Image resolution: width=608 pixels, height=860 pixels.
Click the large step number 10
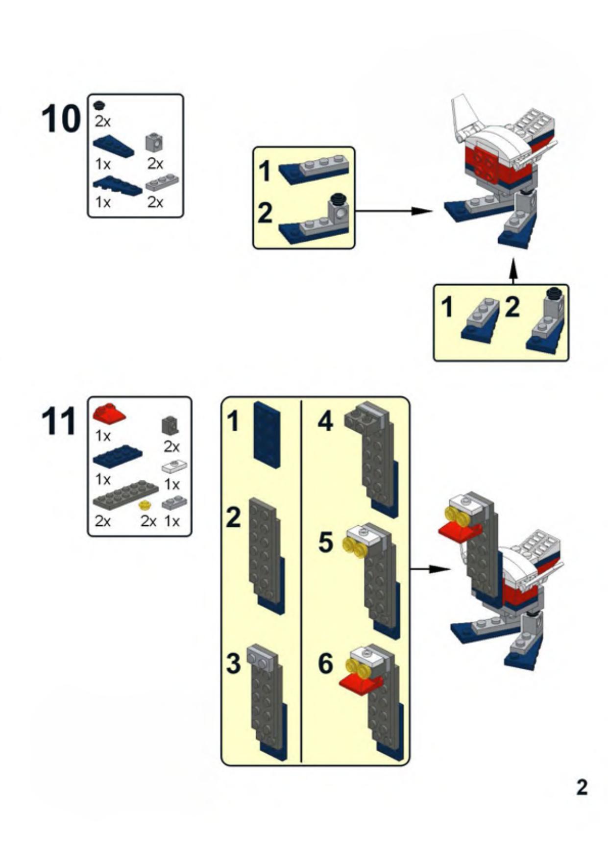coord(61,119)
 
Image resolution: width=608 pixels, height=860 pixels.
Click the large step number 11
coord(59,421)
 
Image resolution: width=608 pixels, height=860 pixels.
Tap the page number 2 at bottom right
coord(582,787)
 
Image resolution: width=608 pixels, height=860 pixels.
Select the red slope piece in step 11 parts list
coord(109,415)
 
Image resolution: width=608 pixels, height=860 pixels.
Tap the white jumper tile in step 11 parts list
coord(174,466)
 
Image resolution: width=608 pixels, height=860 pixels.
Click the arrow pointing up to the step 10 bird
coord(513,271)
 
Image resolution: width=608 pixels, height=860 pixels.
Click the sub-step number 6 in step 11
coord(325,664)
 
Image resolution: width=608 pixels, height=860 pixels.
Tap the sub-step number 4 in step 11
coord(325,421)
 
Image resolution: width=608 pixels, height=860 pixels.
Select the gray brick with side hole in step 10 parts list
coord(154,142)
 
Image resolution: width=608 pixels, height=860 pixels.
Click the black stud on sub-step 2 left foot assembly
coord(337,198)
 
